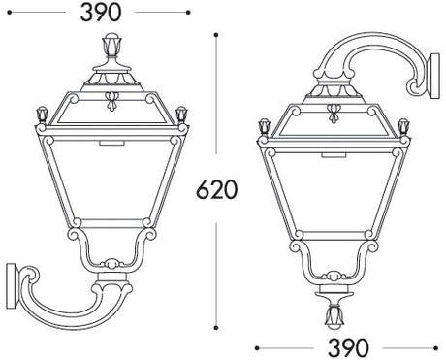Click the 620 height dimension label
pos(217,189)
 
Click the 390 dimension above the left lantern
pos(101,13)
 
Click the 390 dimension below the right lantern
pos(348,348)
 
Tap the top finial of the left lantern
pos(111,46)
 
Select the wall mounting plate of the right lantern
pos(435,76)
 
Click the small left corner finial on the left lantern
pos(43,115)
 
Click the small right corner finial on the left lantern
pos(181,115)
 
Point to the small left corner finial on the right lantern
pos(265,128)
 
